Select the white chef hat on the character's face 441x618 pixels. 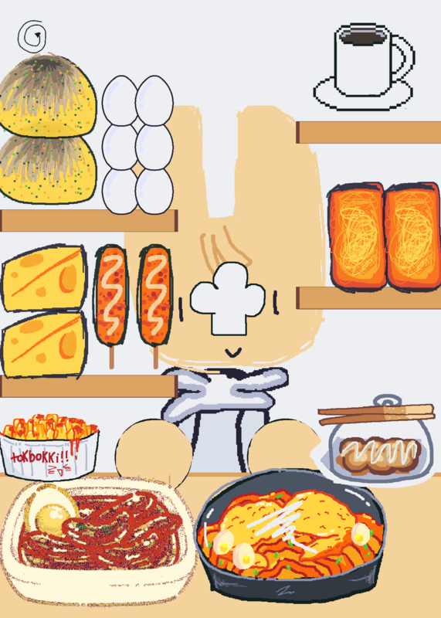(x=228, y=299)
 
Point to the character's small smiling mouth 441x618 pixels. (x=233, y=352)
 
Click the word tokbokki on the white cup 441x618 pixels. (x=40, y=457)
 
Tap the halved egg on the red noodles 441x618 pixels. (x=50, y=511)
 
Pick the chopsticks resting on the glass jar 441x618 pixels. (x=376, y=414)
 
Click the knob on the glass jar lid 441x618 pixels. (x=388, y=401)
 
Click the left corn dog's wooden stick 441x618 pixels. (x=111, y=357)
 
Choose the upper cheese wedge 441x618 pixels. (x=44, y=278)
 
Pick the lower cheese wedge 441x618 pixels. (x=44, y=345)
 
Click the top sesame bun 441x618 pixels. (x=46, y=94)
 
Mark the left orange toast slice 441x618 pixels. (x=357, y=236)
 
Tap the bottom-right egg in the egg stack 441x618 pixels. (x=154, y=191)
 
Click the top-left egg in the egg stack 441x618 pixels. (x=120, y=100)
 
